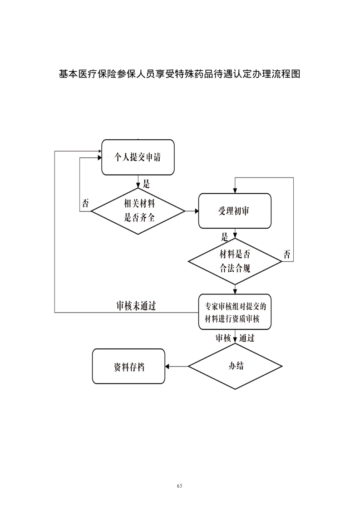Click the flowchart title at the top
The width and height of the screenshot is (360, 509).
(x=180, y=74)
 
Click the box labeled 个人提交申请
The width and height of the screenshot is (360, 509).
(x=138, y=157)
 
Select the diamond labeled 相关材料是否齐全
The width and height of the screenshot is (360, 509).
(x=138, y=211)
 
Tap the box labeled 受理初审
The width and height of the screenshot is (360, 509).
(x=235, y=211)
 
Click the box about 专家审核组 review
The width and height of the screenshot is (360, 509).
(x=235, y=312)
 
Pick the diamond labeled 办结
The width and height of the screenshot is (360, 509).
(x=235, y=366)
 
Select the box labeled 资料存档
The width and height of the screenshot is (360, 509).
(x=128, y=367)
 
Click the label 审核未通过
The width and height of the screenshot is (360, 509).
(x=136, y=306)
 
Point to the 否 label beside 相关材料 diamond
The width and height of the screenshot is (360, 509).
(x=85, y=203)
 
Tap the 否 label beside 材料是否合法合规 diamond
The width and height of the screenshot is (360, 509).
(x=287, y=254)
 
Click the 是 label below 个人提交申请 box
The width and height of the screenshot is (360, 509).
(x=146, y=184)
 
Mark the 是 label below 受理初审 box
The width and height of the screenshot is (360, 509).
(x=224, y=236)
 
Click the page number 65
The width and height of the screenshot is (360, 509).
(x=180, y=486)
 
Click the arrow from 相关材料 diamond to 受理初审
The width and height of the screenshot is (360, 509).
(x=192, y=211)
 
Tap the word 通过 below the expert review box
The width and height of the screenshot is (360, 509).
(x=247, y=338)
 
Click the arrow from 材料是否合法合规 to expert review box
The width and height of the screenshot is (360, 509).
(x=235, y=289)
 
